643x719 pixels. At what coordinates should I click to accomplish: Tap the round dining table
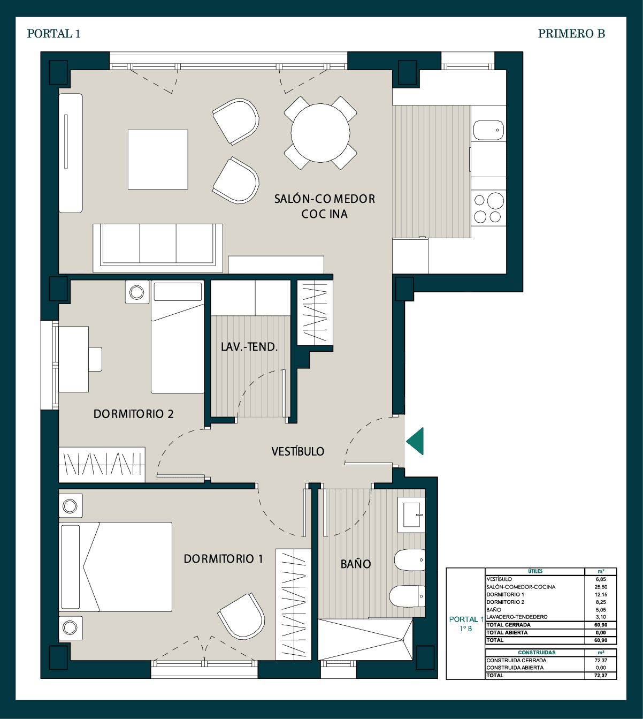coord(320,133)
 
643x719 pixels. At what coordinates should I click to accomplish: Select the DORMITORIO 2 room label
coord(133,414)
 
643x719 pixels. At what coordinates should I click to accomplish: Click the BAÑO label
coord(355,564)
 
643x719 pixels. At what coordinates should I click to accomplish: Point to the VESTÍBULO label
coord(297,451)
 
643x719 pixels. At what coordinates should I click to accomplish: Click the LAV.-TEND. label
coord(249,347)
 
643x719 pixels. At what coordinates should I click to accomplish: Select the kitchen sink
coord(489,130)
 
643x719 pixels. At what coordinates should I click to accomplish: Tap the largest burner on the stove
coord(495,201)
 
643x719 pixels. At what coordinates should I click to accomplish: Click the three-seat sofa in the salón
coord(158,248)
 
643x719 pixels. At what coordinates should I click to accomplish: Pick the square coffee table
coord(158,160)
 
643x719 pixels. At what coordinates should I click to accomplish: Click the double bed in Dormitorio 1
coord(115,567)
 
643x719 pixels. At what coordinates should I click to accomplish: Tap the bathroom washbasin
coord(411,514)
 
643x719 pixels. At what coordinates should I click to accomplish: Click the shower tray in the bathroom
coord(365,640)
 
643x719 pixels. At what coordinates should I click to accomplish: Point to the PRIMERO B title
coord(571,33)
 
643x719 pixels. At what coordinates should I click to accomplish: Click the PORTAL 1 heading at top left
coord(54,33)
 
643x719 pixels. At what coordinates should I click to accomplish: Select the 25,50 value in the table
coord(601,587)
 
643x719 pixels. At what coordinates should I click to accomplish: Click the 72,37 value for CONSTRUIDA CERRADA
coord(601,661)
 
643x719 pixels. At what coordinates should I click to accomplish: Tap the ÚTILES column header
coord(535,571)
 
